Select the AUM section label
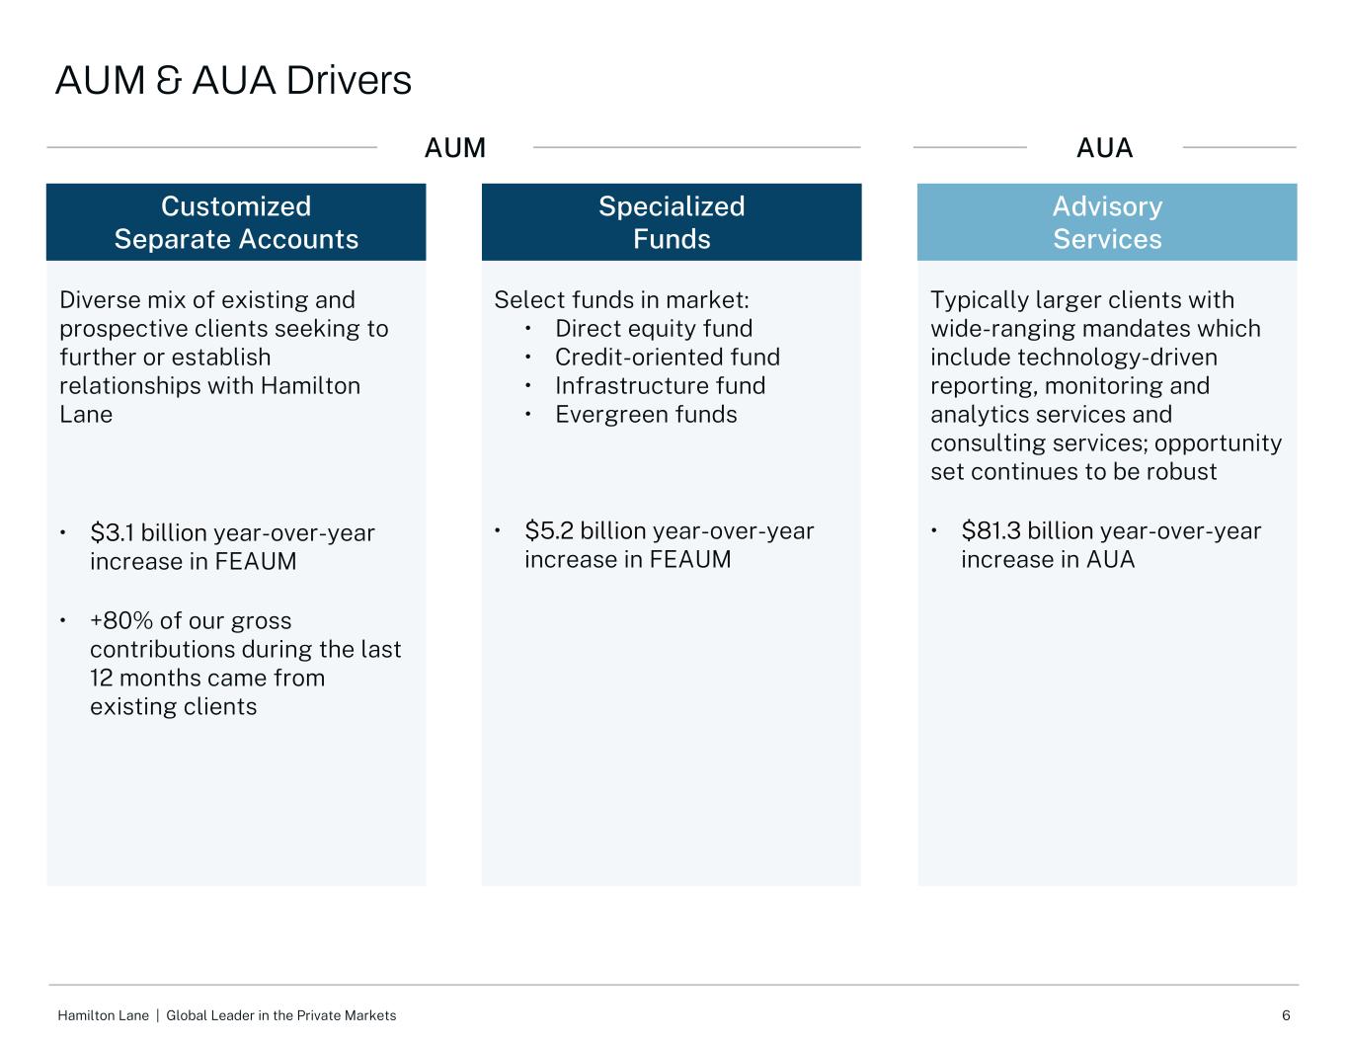pyautogui.click(x=454, y=148)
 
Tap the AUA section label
pyautogui.click(x=1104, y=148)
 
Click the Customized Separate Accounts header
pyautogui.click(x=236, y=222)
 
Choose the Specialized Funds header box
pyautogui.click(x=672, y=222)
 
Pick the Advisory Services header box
pyautogui.click(x=1107, y=222)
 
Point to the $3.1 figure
pyautogui.click(x=113, y=533)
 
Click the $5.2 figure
pyautogui.click(x=548, y=531)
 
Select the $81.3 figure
pyautogui.click(x=991, y=531)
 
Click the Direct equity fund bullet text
pyautogui.click(x=654, y=329)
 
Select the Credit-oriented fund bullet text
pyautogui.click(x=668, y=358)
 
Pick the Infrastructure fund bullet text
pyautogui.click(x=660, y=386)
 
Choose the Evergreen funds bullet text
pyautogui.click(x=646, y=415)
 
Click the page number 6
pyautogui.click(x=1286, y=1015)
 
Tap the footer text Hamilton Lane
pyautogui.click(x=103, y=1015)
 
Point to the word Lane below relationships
pyautogui.click(x=86, y=415)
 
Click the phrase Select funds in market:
pyautogui.click(x=621, y=300)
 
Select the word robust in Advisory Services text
pyautogui.click(x=1181, y=472)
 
